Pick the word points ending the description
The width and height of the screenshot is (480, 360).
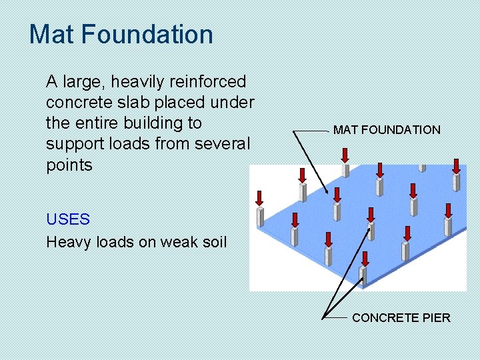click(x=69, y=165)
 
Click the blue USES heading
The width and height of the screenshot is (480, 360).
click(x=67, y=219)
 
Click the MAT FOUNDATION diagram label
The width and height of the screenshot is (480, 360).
click(x=387, y=130)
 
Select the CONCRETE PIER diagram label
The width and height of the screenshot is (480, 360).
click(x=401, y=318)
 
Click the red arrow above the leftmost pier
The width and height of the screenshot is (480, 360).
click(x=260, y=197)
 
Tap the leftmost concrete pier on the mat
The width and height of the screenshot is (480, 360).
click(x=260, y=217)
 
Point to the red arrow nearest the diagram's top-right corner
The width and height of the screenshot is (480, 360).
click(x=457, y=165)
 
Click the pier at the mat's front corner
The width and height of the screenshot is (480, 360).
click(x=363, y=275)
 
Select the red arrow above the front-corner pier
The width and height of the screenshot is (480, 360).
click(x=364, y=258)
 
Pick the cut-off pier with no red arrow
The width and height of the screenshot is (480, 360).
click(x=421, y=167)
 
